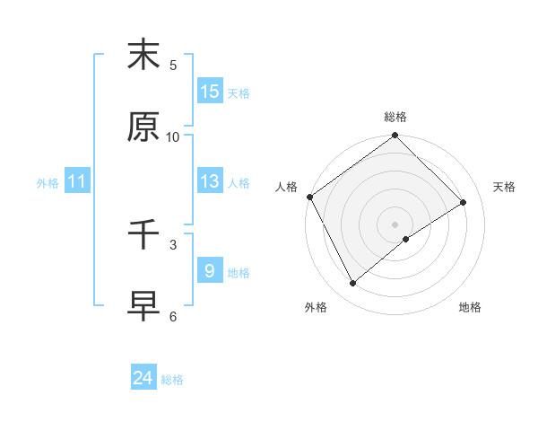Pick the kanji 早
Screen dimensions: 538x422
pos(143,306)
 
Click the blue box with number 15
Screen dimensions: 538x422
pos(210,92)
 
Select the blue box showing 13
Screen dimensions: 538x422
pos(210,181)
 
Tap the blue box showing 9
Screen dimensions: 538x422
pos(210,271)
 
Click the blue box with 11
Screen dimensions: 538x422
pos(77,181)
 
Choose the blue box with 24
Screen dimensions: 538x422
pos(143,378)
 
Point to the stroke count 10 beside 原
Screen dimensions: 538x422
pos(173,136)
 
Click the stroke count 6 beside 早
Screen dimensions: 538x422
pos(173,316)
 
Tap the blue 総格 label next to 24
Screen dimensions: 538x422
pos(172,380)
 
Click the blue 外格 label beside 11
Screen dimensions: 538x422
pos(48,183)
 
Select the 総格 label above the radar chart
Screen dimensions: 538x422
pos(395,117)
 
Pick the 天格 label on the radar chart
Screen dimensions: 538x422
pos(505,187)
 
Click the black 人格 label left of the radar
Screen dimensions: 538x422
pos(287,187)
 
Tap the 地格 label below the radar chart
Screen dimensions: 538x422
pos(470,307)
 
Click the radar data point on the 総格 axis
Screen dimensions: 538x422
pos(395,136)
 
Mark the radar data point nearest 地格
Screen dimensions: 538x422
pos(406,239)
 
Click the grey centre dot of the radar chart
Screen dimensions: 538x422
pos(395,224)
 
